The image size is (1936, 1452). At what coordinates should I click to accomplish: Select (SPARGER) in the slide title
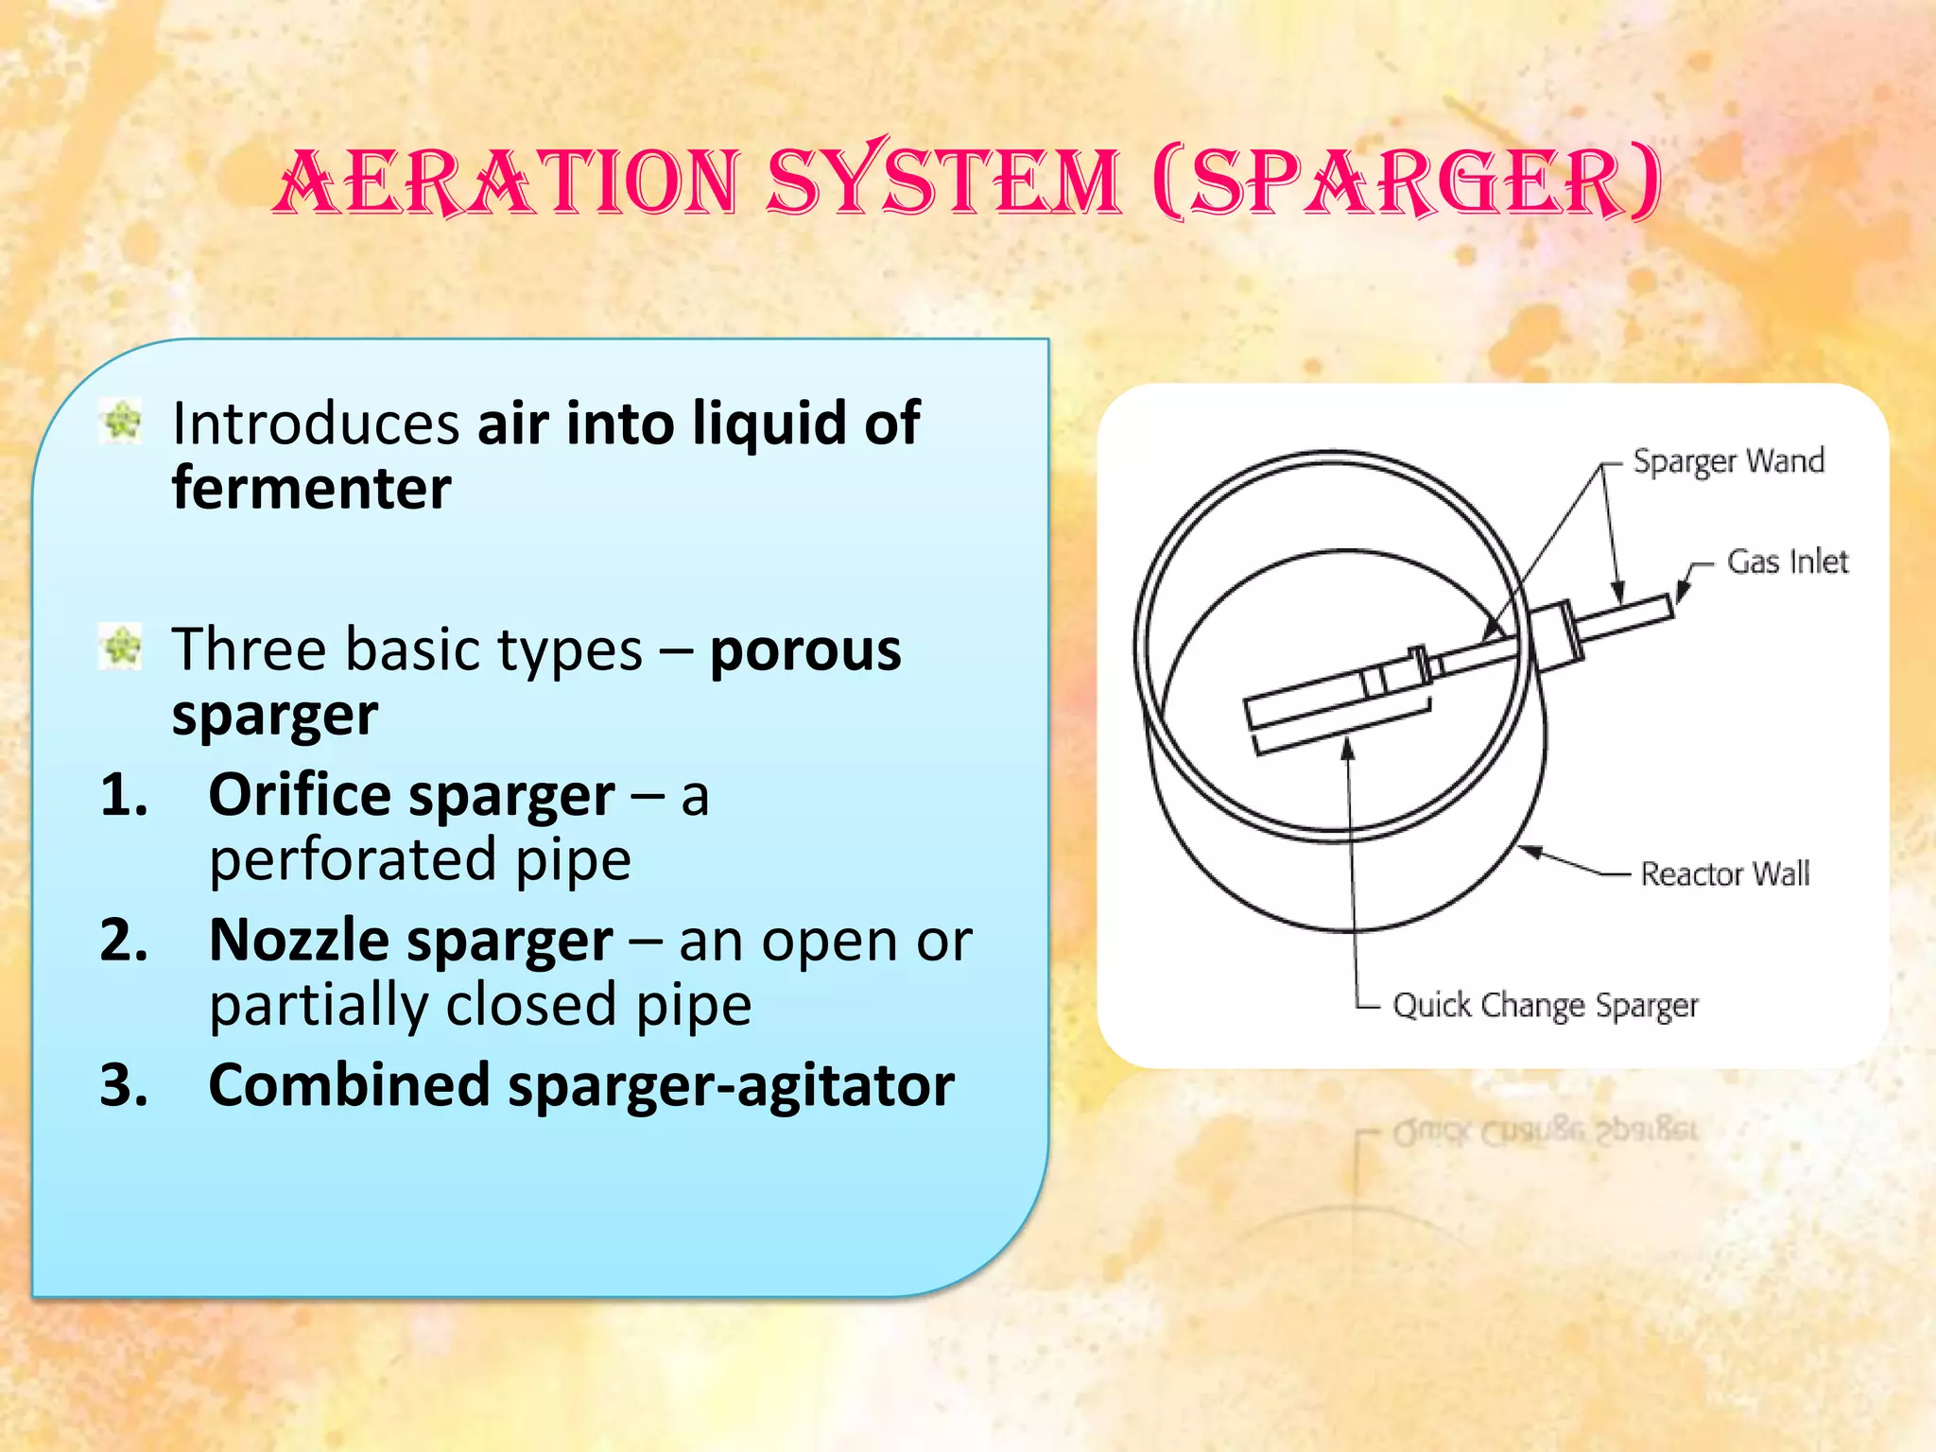click(x=1407, y=181)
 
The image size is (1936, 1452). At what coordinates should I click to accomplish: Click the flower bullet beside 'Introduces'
click(x=121, y=422)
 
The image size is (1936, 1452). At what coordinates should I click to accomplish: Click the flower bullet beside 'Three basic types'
click(x=121, y=648)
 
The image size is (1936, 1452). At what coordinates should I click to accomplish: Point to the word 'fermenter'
click(x=311, y=488)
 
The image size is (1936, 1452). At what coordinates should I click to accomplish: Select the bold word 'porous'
click(x=805, y=650)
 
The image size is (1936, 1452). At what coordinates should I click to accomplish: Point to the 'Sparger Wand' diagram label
click(x=1728, y=461)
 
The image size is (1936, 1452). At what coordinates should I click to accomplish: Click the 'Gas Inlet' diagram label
click(x=1787, y=562)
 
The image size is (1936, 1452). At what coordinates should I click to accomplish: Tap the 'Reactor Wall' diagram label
click(x=1724, y=873)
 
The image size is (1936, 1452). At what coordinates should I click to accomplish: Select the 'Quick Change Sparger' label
click(x=1545, y=1005)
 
